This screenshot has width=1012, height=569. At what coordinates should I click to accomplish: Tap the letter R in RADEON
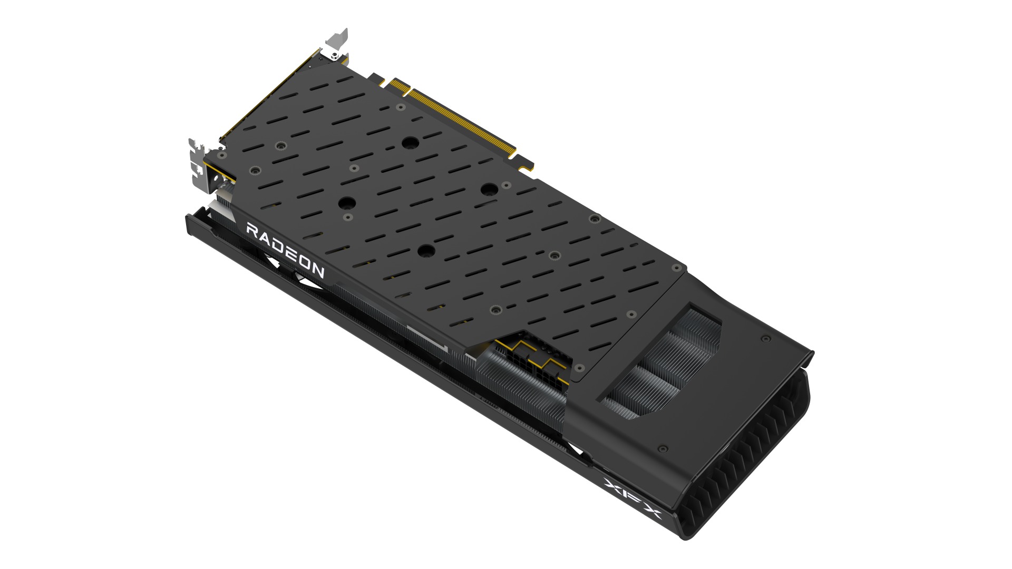point(251,231)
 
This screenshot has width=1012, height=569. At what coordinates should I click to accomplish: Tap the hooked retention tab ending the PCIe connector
point(526,164)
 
